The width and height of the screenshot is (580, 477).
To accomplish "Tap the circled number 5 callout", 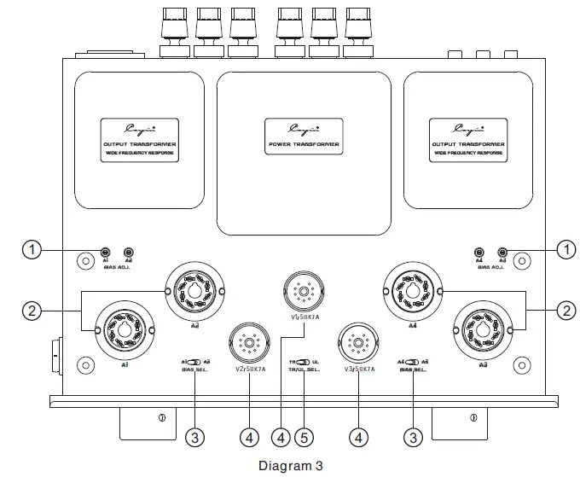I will [x=304, y=438].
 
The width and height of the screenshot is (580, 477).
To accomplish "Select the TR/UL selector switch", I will [x=304, y=363].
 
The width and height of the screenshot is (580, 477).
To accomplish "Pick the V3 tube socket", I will [x=358, y=344].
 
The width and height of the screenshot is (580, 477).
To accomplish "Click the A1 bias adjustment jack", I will [x=106, y=253].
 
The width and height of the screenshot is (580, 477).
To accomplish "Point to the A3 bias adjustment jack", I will [x=503, y=253].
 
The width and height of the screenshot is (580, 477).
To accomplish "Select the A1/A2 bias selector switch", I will [x=195, y=363].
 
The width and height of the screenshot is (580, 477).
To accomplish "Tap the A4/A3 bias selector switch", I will [x=414, y=363].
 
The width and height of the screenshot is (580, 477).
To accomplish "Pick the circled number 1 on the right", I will [x=565, y=249].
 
